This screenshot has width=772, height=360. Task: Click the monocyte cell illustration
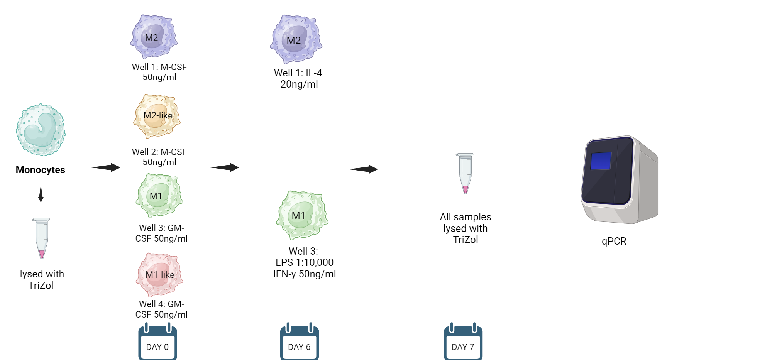coord(41,130)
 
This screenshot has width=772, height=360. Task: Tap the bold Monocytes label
coord(41,170)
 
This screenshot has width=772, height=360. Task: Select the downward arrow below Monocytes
coord(41,194)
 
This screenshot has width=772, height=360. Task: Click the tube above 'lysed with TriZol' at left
coord(41,238)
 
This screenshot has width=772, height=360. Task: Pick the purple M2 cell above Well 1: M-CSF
coord(154,37)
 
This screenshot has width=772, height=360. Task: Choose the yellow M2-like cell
coord(157,116)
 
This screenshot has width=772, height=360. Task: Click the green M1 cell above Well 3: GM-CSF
coord(159,195)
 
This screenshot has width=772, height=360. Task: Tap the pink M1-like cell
coord(159,275)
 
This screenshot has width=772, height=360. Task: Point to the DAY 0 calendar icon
coord(157,343)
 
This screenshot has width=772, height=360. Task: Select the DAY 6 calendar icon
coord(300,343)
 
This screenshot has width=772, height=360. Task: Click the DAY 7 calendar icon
coord(463,343)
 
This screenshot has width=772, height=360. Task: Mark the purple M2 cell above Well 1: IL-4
coord(296,39)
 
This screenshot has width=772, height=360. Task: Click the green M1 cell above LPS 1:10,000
coord(302,215)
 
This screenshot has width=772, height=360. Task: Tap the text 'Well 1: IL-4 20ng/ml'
coord(298,78)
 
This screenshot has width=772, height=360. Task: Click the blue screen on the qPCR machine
coord(601,161)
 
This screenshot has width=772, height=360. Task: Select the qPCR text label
coord(614,241)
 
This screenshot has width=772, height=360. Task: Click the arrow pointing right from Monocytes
coord(106,167)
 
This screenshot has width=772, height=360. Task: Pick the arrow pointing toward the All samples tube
coord(363,169)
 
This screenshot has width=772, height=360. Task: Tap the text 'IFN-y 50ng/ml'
coord(305,274)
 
